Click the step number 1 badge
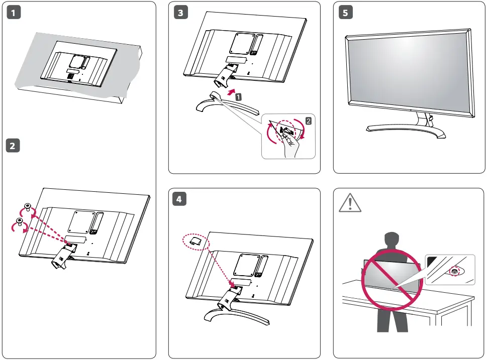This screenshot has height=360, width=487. pyautogui.click(x=13, y=14)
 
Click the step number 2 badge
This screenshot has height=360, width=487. pyautogui.click(x=13, y=146)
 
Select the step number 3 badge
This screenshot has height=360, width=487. pyautogui.click(x=180, y=14)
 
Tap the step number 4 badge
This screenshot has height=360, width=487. pyautogui.click(x=180, y=199)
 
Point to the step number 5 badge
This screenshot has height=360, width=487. pyautogui.click(x=345, y=14)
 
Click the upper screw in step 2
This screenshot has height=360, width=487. pyautogui.click(x=28, y=207)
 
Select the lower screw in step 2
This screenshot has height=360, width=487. pyautogui.click(x=20, y=221)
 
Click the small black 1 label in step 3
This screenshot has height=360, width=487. pyautogui.click(x=238, y=97)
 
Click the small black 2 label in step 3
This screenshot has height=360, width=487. pyautogui.click(x=309, y=120)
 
